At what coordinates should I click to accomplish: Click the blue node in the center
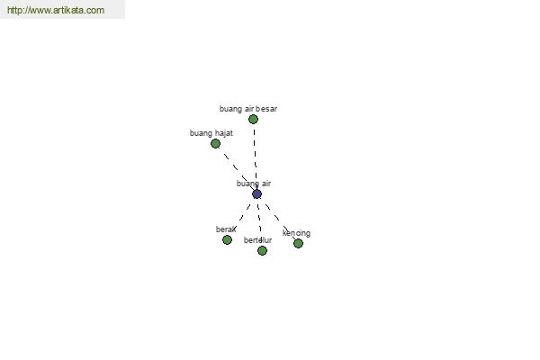[x=256, y=194]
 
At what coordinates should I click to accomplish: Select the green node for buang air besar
[x=253, y=119]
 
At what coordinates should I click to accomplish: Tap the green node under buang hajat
[x=216, y=143]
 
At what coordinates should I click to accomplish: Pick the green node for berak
[x=227, y=239]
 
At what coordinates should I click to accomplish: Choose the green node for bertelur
[x=262, y=250]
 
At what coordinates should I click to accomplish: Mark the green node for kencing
[x=298, y=244]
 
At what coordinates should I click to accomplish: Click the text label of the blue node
[x=254, y=184]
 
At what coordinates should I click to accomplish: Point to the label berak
[x=226, y=229]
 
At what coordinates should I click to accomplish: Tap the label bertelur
[x=258, y=239]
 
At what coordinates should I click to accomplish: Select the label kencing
[x=296, y=233]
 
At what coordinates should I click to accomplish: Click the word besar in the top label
[x=266, y=109]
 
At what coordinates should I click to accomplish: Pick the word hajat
[x=223, y=133]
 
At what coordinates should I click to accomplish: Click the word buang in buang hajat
[x=201, y=133]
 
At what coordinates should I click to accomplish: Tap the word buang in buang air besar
[x=230, y=109]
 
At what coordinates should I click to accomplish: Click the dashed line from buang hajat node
[x=238, y=170]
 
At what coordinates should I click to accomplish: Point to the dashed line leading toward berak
[x=242, y=217]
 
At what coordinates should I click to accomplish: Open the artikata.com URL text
[x=56, y=10]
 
